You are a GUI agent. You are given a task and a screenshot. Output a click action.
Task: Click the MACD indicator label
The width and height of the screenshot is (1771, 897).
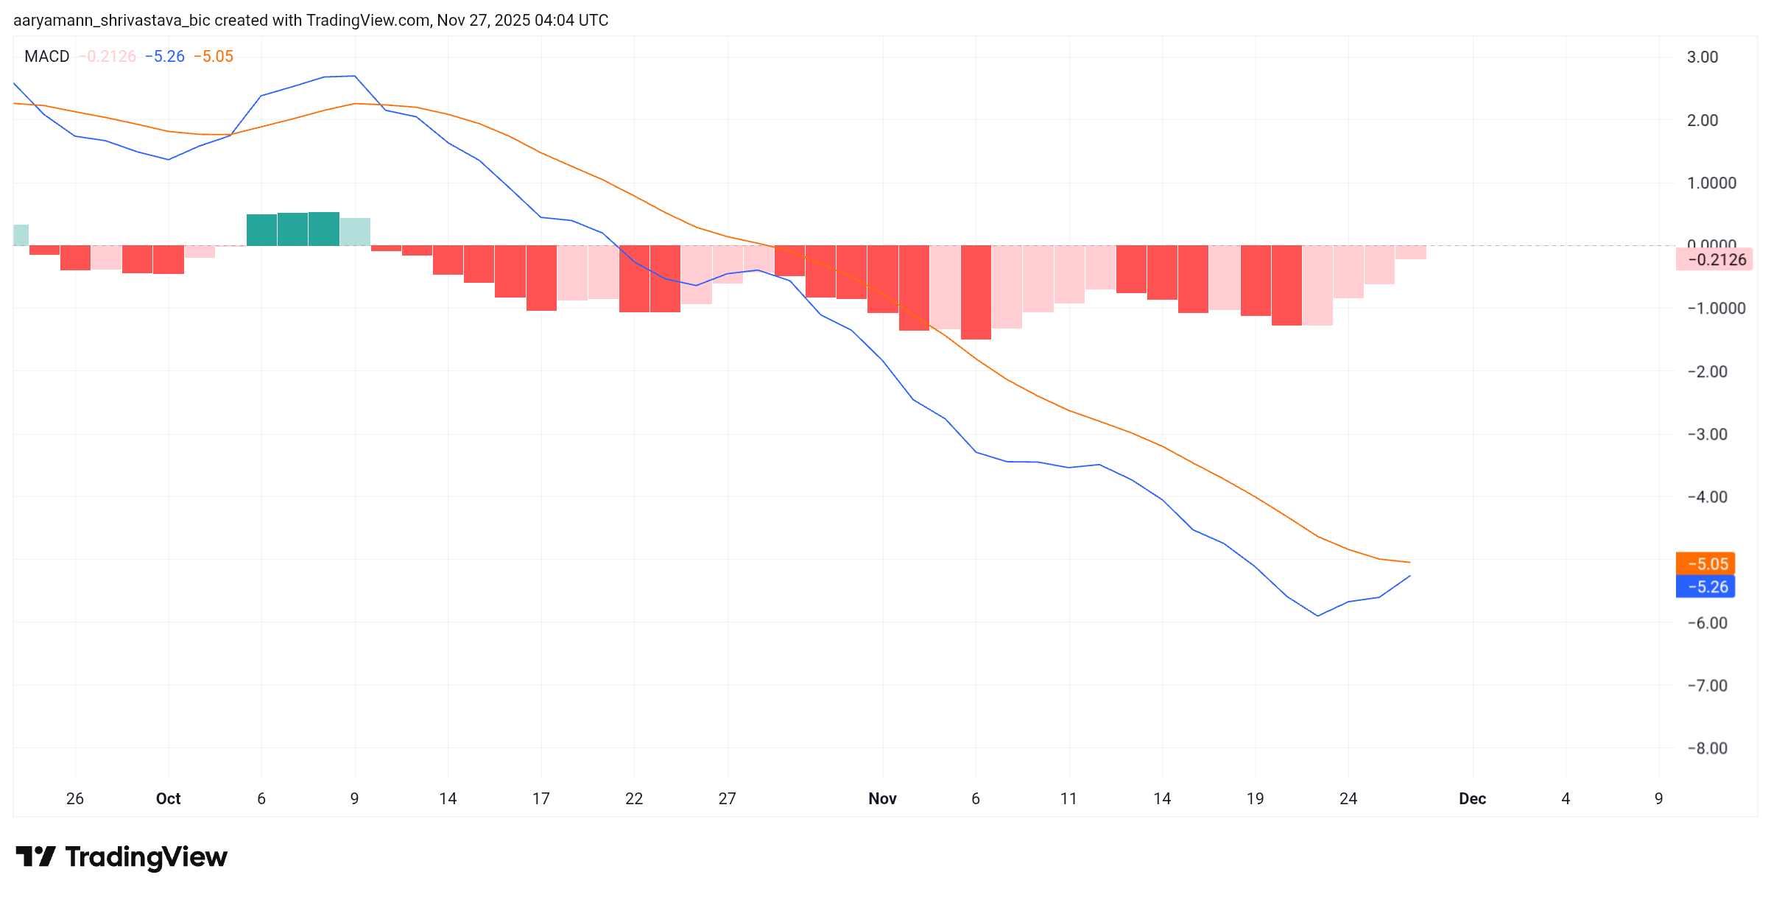pyautogui.click(x=46, y=57)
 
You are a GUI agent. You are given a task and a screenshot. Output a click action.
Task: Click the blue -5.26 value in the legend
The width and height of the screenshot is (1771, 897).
pyautogui.click(x=165, y=57)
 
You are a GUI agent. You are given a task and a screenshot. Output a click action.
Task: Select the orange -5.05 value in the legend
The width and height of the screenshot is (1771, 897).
pyautogui.click(x=214, y=57)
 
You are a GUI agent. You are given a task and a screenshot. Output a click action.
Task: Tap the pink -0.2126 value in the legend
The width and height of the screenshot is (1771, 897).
pyautogui.click(x=108, y=57)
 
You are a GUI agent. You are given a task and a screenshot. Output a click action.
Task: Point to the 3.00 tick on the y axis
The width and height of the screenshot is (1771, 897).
pyautogui.click(x=1702, y=57)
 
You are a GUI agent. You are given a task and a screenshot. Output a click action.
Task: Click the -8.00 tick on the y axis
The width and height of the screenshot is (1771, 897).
pyautogui.click(x=1706, y=748)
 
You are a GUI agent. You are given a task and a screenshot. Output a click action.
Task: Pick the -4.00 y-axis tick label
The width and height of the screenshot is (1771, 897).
pyautogui.click(x=1706, y=497)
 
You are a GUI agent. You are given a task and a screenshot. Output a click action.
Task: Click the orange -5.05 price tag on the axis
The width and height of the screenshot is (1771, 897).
pyautogui.click(x=1705, y=564)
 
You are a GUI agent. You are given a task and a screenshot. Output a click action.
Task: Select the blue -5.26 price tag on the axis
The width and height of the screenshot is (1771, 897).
pyautogui.click(x=1705, y=587)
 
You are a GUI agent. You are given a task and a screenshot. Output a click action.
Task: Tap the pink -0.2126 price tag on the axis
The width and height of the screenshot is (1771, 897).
pyautogui.click(x=1714, y=260)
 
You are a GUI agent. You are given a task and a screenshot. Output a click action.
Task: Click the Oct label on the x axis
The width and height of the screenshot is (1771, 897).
pyautogui.click(x=168, y=799)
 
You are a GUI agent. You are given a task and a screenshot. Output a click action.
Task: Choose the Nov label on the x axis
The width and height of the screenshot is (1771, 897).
pyautogui.click(x=882, y=799)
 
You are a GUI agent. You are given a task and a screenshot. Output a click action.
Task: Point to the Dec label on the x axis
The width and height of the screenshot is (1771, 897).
pyautogui.click(x=1472, y=799)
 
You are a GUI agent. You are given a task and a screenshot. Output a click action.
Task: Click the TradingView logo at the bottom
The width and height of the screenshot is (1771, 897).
pyautogui.click(x=122, y=857)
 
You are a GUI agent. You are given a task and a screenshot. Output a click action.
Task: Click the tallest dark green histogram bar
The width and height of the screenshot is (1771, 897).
pyautogui.click(x=324, y=229)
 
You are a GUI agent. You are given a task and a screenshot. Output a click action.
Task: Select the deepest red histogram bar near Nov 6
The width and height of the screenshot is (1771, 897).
pyautogui.click(x=976, y=292)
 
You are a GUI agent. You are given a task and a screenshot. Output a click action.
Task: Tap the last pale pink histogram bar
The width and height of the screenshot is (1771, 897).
pyautogui.click(x=1410, y=252)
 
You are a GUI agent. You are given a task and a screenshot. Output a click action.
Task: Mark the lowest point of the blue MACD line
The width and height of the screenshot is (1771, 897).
pyautogui.click(x=1317, y=616)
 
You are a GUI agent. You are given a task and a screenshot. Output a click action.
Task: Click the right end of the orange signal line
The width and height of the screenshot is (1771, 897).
pyautogui.click(x=1409, y=563)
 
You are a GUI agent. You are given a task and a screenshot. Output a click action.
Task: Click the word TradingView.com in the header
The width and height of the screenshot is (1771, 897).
pyautogui.click(x=367, y=21)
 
